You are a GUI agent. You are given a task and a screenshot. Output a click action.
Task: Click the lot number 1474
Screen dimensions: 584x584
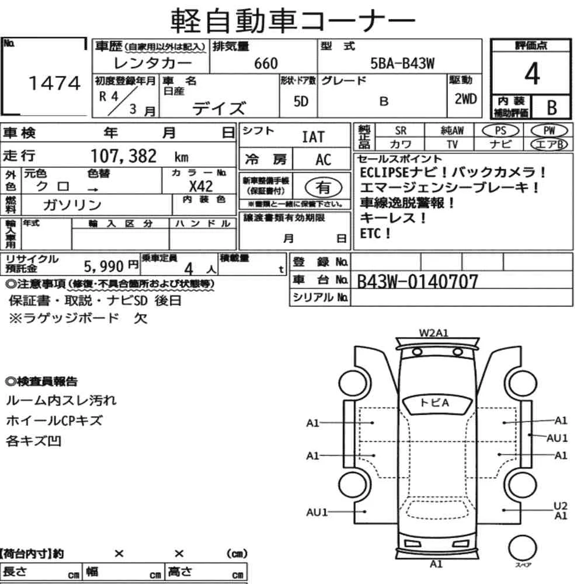(x=54, y=83)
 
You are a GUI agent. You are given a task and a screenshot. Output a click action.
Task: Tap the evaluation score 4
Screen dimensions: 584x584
(x=532, y=74)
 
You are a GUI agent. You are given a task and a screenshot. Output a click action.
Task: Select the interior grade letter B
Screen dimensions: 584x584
(x=552, y=107)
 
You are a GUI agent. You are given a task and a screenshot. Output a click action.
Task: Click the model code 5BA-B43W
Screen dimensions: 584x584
(x=402, y=63)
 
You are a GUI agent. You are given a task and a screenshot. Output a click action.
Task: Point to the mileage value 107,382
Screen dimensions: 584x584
(x=124, y=156)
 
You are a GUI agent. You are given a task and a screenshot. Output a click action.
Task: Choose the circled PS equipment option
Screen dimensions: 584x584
(x=500, y=131)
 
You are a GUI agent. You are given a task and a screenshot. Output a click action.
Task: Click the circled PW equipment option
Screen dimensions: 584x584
(x=549, y=131)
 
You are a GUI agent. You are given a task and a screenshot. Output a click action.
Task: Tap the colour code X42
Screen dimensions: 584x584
(x=201, y=186)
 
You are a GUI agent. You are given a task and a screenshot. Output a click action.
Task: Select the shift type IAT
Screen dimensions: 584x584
(x=313, y=137)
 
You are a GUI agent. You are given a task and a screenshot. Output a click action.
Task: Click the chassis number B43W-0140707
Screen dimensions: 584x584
(x=417, y=281)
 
